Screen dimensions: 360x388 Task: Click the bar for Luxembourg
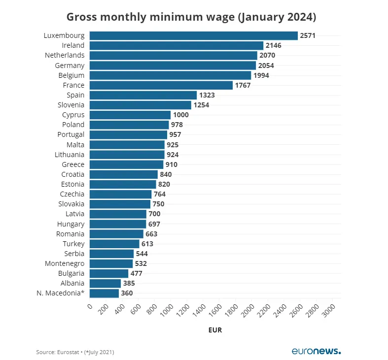193,35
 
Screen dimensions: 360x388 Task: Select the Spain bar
143,95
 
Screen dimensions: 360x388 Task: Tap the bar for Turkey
114,244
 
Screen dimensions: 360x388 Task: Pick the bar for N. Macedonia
104,294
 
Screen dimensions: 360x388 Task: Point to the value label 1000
180,115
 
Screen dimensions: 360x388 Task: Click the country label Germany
70,65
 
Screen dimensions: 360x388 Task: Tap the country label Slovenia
71,105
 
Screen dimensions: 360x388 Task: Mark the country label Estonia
72,184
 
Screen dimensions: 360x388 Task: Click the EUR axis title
214,330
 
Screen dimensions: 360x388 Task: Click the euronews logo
316,351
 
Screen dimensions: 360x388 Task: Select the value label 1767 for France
243,85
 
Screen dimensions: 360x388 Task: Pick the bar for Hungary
118,224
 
